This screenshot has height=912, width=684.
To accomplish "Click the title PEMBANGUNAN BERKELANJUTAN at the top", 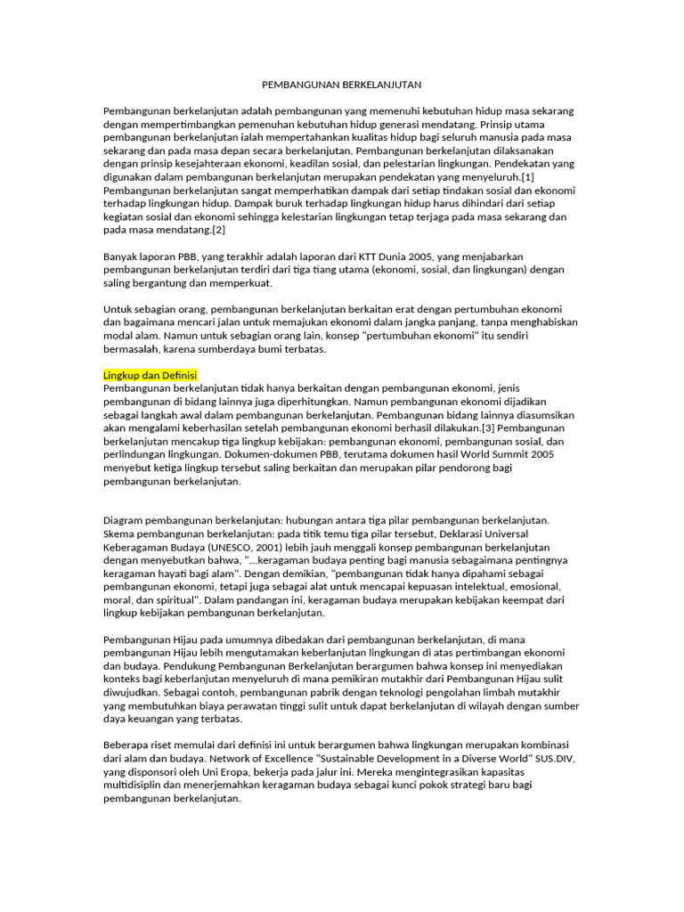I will (x=341, y=85).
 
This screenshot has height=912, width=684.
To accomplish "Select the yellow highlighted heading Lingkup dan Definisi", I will (x=151, y=375).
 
